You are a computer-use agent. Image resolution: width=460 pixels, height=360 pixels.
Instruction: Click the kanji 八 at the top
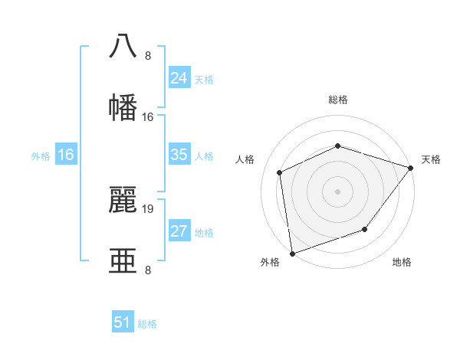tap(123, 45)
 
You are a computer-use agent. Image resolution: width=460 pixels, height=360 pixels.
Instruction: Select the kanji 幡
tap(123, 107)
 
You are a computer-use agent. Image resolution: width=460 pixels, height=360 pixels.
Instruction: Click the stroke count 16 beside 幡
tap(148, 117)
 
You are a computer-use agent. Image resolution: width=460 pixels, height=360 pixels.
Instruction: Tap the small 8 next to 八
tap(148, 56)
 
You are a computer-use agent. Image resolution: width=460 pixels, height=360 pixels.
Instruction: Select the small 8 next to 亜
tap(148, 270)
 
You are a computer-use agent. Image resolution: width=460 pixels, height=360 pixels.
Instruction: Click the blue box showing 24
tap(179, 78)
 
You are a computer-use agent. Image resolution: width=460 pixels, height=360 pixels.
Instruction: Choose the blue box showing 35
tap(179, 155)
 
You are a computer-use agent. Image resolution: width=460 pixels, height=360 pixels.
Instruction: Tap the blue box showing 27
tap(179, 231)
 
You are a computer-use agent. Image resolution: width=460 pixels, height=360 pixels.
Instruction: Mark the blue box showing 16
tap(66, 155)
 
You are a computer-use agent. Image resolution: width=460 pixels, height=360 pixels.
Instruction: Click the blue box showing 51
tap(123, 322)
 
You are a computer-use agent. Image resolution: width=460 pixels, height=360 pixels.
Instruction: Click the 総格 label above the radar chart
tap(338, 100)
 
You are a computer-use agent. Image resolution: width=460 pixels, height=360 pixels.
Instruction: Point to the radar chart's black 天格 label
tap(431, 159)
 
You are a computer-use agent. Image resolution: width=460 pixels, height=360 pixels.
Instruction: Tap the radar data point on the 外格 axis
tap(292, 253)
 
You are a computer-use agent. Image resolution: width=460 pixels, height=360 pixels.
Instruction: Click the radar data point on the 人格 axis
tap(280, 172)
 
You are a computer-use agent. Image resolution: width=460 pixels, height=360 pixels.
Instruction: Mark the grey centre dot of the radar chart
tap(337, 191)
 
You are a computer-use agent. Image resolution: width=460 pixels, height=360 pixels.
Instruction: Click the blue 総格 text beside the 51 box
tap(147, 324)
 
